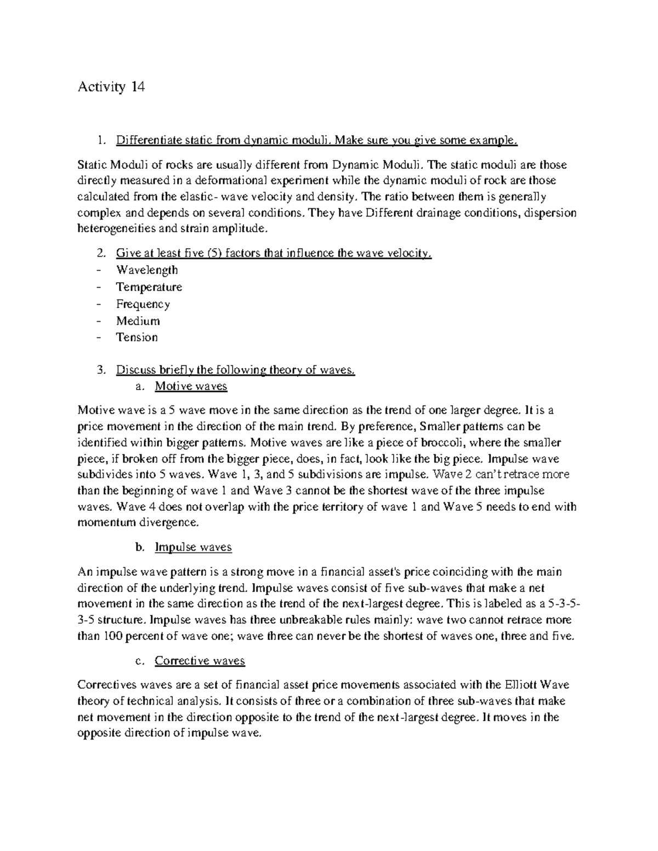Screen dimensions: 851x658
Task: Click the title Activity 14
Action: (x=111, y=87)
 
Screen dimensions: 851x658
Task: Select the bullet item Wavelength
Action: (x=146, y=270)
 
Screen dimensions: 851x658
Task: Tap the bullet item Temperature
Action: (x=149, y=287)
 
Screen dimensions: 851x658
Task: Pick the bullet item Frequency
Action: (x=143, y=304)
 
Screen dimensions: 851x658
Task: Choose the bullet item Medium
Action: (x=138, y=321)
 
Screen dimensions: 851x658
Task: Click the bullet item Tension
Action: (x=137, y=337)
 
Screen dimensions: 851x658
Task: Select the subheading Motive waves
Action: (x=191, y=386)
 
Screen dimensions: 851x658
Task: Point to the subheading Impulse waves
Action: (x=193, y=547)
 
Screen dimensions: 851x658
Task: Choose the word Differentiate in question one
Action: (x=149, y=141)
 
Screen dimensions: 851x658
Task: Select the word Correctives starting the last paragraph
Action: (x=107, y=684)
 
